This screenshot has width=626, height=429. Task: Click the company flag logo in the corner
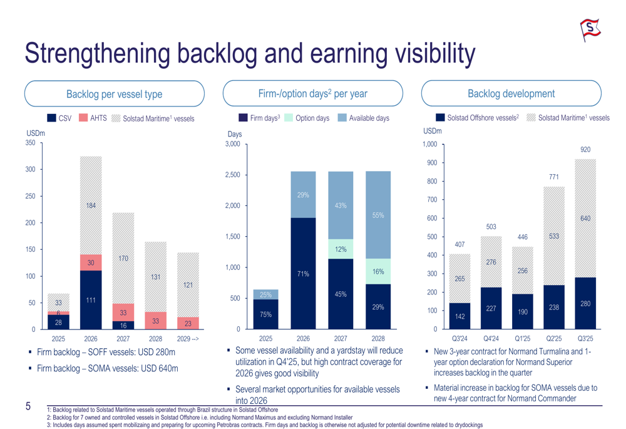590,29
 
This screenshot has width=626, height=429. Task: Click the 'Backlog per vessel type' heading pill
114,94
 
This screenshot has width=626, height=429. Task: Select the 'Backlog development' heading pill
511,93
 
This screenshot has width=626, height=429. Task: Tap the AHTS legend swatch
83,118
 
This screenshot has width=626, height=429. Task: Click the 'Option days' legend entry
307,118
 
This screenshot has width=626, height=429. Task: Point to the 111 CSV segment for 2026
91,300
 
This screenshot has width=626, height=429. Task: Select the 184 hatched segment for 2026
91,205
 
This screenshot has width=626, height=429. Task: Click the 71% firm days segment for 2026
303,273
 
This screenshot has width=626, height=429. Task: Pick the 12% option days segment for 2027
341,249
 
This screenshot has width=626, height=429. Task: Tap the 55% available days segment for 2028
378,215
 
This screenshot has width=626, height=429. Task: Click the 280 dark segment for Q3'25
585,303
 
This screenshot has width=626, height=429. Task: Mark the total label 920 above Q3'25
585,150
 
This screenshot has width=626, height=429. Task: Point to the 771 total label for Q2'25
554,177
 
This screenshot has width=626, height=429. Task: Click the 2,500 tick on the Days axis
232,175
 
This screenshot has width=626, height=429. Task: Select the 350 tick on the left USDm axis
31,143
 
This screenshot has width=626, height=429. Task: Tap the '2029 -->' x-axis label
188,338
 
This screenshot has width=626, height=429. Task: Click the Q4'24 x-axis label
491,338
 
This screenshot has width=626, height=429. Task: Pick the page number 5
28,406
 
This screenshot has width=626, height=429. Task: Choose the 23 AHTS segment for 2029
188,323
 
